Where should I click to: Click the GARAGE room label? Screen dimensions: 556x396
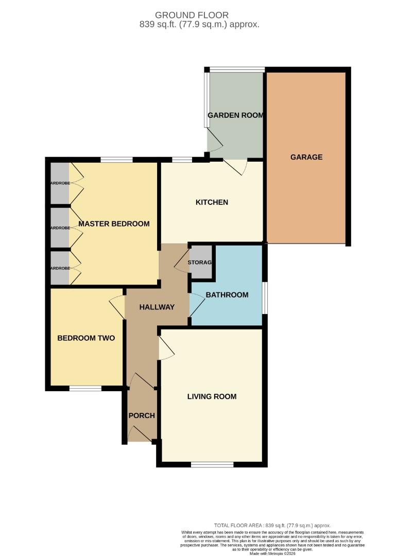coord(306,157)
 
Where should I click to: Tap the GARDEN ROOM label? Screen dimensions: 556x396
coord(235,115)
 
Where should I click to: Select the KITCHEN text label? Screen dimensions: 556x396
coord(212,202)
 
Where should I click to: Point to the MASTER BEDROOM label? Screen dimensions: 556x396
coord(114,223)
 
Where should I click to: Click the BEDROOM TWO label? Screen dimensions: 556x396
coord(85,338)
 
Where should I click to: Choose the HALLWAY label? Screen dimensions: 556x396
coord(157,307)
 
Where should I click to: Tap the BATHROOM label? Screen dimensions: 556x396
coord(227,295)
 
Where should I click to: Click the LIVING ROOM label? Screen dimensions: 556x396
coord(212,396)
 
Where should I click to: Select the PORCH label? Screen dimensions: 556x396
coord(142,415)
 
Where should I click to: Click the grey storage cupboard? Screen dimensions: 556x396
coord(201,263)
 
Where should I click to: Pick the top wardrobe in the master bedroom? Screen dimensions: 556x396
coord(60,183)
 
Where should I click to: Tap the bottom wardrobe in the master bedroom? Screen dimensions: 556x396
coord(60,267)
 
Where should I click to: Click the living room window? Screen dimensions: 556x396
coord(212,465)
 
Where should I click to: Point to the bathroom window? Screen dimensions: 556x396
coord(265,297)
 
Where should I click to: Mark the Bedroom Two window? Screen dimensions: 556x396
coord(85,389)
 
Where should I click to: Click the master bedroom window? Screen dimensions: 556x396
coord(116,160)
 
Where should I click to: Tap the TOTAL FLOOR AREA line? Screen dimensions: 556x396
coord(272,526)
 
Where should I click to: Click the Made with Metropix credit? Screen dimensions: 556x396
coord(272,553)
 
